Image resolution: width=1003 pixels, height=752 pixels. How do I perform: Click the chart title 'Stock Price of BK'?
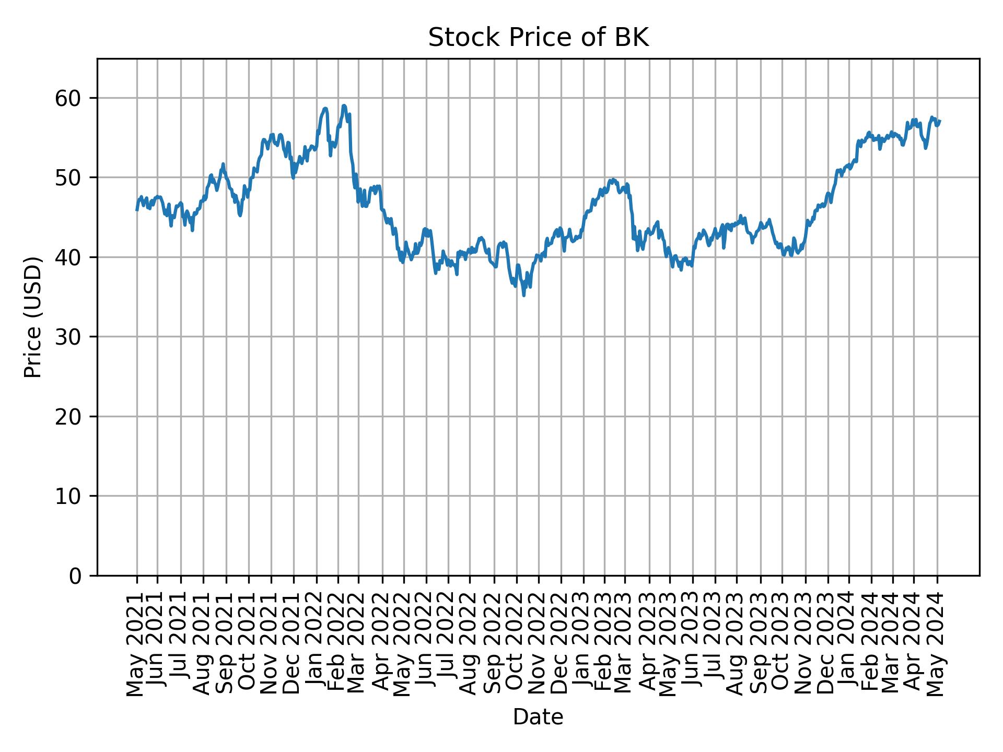538,38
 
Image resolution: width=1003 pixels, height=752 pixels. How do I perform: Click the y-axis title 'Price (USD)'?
33,317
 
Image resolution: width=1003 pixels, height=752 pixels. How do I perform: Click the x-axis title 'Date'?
538,717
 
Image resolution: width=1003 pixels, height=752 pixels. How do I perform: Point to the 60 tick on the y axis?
73,98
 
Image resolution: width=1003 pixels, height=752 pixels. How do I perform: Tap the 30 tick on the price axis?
73,337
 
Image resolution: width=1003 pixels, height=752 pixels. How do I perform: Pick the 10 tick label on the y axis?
73,496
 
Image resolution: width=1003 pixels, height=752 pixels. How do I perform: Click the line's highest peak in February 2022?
344,105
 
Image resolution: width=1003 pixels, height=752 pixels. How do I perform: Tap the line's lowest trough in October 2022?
524,296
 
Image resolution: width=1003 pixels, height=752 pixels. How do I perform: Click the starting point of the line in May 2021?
137,210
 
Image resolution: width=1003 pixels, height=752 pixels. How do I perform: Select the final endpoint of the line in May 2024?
940,121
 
